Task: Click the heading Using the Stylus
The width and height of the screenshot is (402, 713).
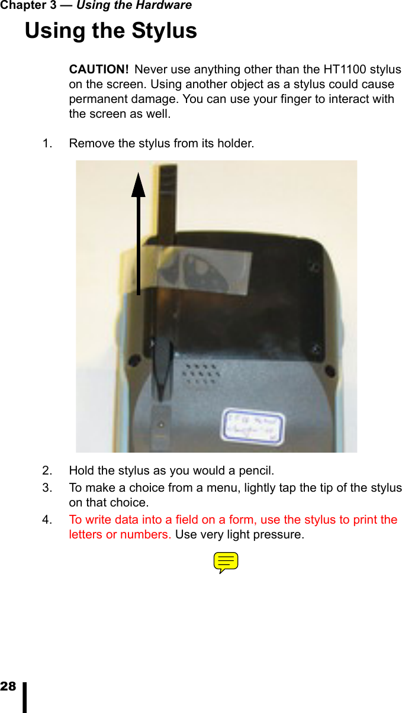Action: [111, 30]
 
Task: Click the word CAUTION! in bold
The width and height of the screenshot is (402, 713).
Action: [99, 70]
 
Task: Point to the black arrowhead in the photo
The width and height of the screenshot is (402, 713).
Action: [139, 185]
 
